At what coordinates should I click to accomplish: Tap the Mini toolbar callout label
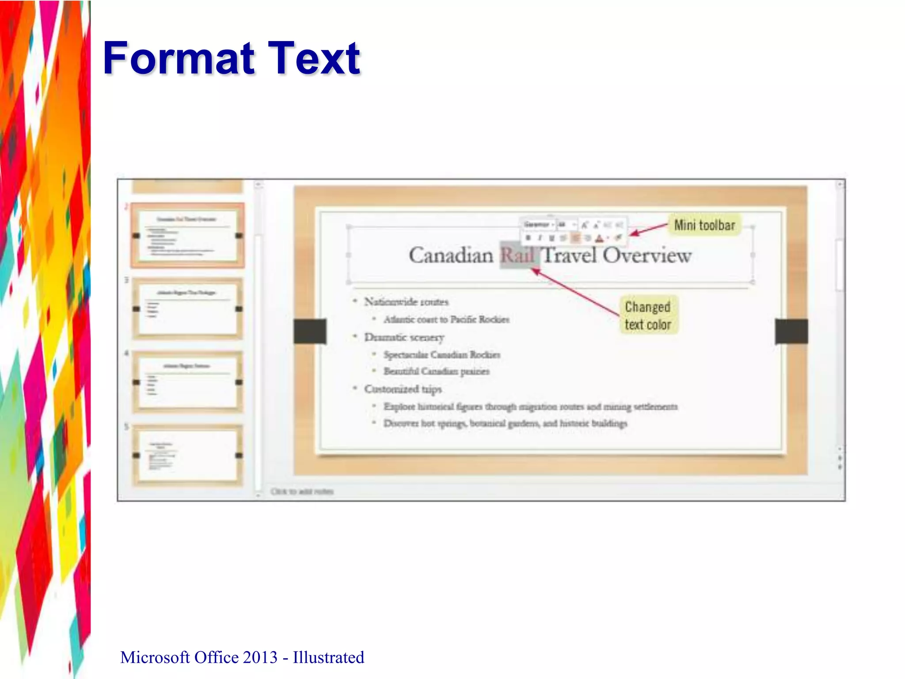704,225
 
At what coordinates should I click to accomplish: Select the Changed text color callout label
648,316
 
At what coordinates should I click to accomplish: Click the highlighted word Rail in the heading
518,256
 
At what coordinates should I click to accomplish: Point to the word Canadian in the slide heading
451,256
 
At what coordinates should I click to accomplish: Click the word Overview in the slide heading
647,256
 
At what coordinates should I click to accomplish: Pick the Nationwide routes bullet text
406,302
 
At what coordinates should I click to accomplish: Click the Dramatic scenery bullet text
404,337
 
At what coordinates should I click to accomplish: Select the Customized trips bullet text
403,389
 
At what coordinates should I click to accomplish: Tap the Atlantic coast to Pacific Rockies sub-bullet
446,320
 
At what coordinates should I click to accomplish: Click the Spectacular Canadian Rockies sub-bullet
442,355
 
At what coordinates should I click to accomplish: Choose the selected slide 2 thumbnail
187,235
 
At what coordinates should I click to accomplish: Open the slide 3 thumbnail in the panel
187,309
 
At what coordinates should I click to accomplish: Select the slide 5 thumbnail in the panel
187,455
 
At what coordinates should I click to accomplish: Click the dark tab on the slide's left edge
310,331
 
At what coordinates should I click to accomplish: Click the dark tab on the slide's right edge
791,331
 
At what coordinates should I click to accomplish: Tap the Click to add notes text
302,492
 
